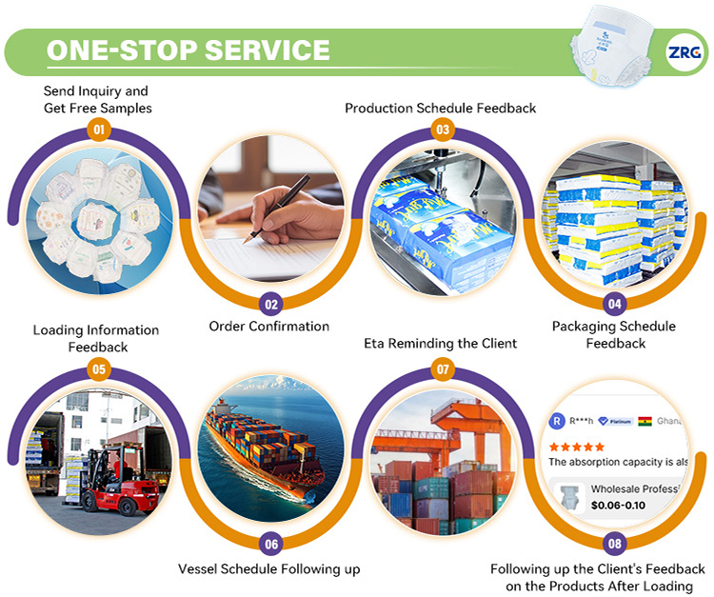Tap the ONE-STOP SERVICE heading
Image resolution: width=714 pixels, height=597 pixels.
tap(188, 50)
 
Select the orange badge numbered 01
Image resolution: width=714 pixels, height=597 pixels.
tap(98, 129)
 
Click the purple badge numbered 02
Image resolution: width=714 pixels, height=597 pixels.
tap(271, 305)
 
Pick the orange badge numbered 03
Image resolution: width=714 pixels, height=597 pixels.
tap(442, 129)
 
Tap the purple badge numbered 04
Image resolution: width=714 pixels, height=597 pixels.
tap(614, 305)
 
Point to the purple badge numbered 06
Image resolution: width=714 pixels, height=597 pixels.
tap(271, 544)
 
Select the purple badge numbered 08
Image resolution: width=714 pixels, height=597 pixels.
tap(614, 544)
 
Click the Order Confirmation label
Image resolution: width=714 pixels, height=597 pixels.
tap(269, 327)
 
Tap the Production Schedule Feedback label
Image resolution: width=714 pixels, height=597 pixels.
tap(440, 109)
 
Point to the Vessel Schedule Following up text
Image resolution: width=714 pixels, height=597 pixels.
tap(269, 569)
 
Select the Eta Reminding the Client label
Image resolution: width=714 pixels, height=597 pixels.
tap(441, 343)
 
